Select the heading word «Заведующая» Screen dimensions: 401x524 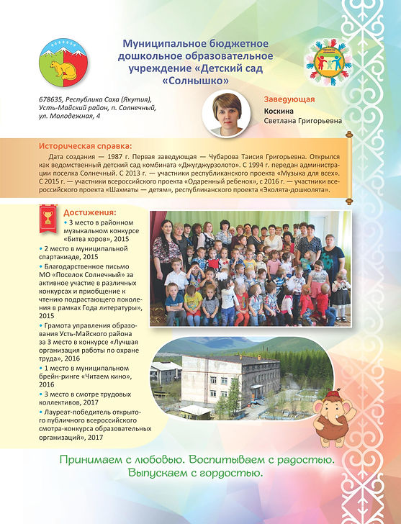click(x=289, y=100)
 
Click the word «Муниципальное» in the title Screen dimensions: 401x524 click(x=161, y=45)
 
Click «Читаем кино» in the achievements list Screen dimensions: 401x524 click(x=113, y=375)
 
